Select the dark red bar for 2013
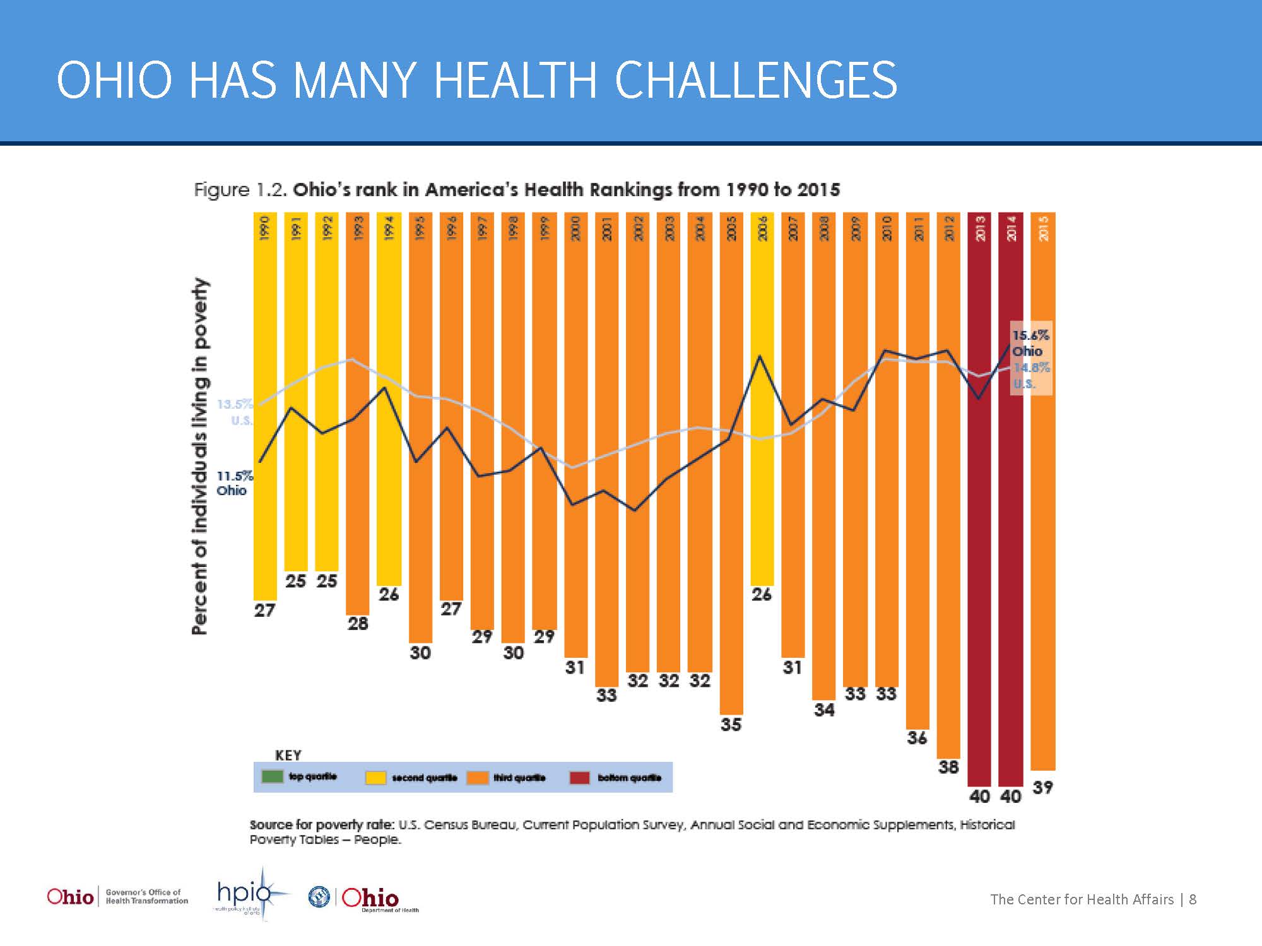979,568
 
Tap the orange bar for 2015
1042,568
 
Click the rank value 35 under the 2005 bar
731,725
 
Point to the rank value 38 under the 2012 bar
948,767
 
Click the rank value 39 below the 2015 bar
1042,787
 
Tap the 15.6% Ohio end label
1030,343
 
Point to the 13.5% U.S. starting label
234,412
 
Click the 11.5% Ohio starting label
234,483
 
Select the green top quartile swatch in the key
272,776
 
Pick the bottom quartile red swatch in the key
579,778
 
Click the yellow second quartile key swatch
375,778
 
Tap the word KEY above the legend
288,755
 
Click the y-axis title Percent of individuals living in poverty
199,456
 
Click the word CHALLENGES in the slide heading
755,80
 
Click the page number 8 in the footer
1193,899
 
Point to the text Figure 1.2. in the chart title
240,190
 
